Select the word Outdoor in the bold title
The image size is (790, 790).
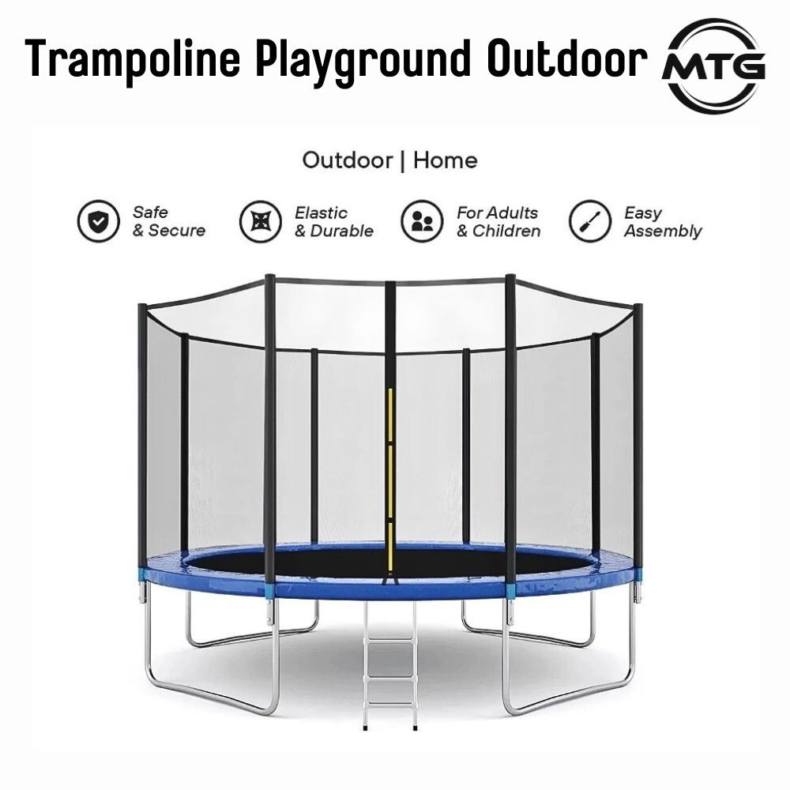(x=567, y=60)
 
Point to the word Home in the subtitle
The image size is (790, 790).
(x=446, y=161)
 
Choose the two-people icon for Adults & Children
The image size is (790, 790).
(x=421, y=221)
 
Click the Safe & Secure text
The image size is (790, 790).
(x=168, y=222)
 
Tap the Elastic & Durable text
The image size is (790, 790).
(x=333, y=222)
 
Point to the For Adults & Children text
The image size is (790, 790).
(x=498, y=222)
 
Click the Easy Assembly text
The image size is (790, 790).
(x=662, y=222)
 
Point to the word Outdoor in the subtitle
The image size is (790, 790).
(x=348, y=161)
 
